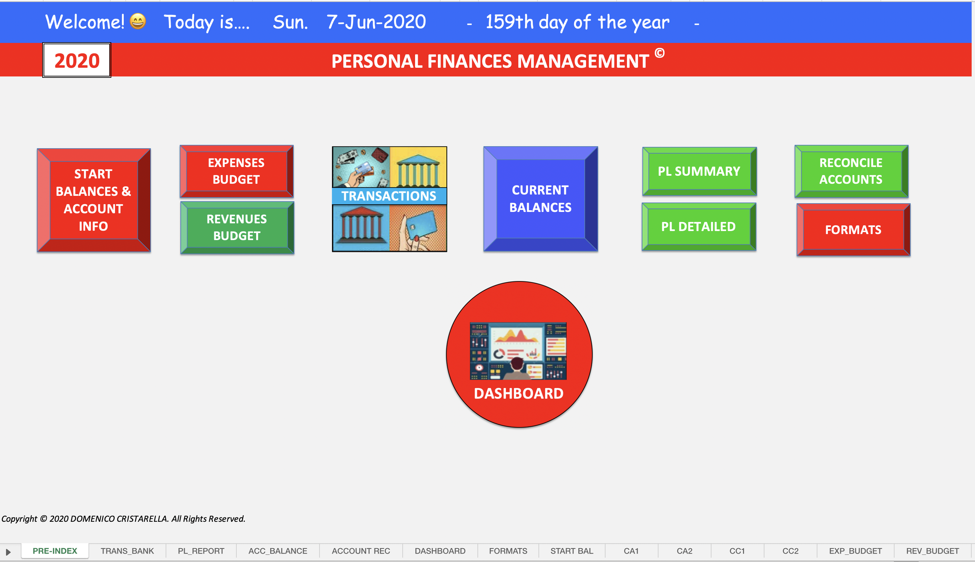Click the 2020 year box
[x=77, y=60]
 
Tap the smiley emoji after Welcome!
[x=138, y=21]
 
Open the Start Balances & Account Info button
[x=94, y=200]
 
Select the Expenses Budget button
[x=236, y=171]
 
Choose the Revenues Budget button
[x=237, y=227]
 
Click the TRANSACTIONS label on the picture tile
[x=389, y=196]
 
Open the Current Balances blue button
[x=540, y=199]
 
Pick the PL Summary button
[x=699, y=171]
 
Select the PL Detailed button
[x=699, y=227]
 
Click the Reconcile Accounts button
[x=852, y=171]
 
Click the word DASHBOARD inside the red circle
[x=519, y=393]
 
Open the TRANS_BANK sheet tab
[x=127, y=551]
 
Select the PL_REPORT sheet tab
[x=201, y=551]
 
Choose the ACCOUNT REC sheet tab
[x=361, y=551]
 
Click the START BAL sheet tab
[x=572, y=551]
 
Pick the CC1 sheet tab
[x=737, y=551]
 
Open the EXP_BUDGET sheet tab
[x=855, y=551]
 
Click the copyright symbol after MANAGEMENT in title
[x=660, y=53]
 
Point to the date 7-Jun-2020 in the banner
[x=376, y=21]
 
